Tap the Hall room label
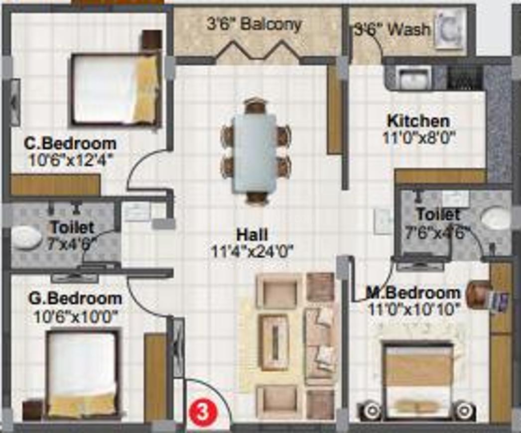click(x=252, y=235)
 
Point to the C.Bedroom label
click(x=70, y=144)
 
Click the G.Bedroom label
click(x=75, y=299)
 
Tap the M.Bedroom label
click(x=413, y=293)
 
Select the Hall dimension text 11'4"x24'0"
click(x=252, y=251)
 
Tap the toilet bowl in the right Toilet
click(x=496, y=218)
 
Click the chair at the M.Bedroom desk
click(x=478, y=293)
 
